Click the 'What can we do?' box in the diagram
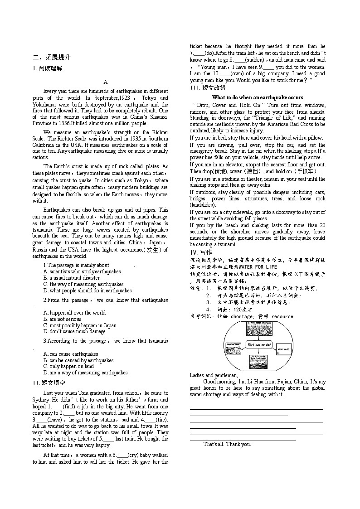tap(259, 345)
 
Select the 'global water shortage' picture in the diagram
tap(259, 329)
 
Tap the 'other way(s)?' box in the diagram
tap(284, 349)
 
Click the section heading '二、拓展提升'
tap(52, 57)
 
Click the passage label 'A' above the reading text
tap(106, 82)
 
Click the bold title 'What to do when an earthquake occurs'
tap(258, 97)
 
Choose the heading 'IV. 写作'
tap(200, 252)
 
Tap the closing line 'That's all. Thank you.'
tap(227, 444)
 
